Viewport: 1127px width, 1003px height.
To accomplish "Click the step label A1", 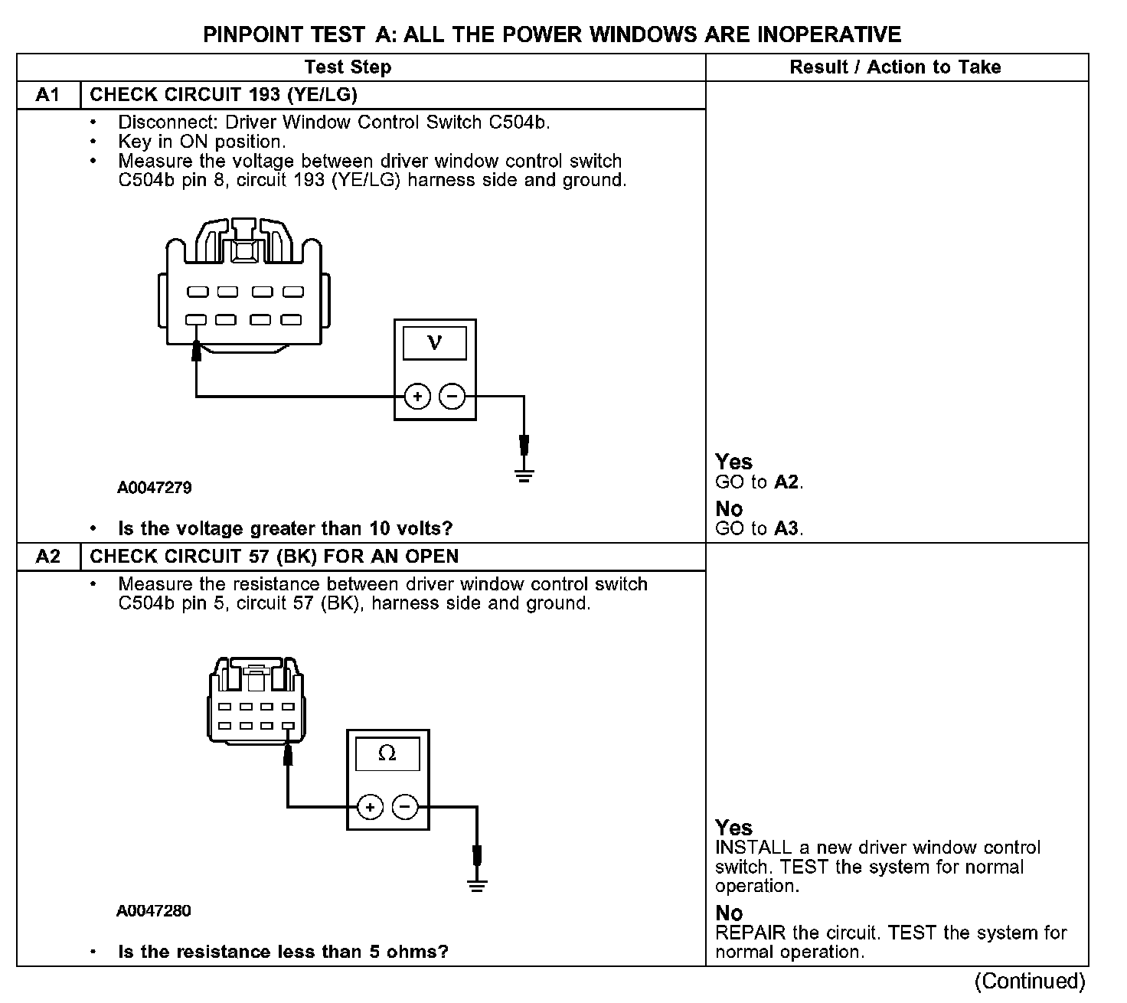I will click(47, 95).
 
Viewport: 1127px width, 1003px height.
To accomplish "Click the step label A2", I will click(47, 557).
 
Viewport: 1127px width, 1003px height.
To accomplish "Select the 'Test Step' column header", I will click(348, 67).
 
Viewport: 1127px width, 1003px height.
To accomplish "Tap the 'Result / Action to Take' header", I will click(895, 67).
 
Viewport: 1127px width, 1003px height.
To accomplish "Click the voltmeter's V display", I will click(435, 342).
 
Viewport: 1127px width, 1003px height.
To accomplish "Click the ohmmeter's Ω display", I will click(387, 753).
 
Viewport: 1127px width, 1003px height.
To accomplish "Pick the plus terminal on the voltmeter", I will click(417, 397).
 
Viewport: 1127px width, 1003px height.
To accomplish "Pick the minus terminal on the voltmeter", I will click(452, 397).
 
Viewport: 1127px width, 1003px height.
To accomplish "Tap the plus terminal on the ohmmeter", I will click(370, 807).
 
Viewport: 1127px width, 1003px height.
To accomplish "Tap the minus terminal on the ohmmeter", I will click(405, 807).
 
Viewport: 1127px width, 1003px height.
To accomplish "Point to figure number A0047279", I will click(155, 488).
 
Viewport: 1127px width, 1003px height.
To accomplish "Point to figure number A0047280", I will click(154, 911).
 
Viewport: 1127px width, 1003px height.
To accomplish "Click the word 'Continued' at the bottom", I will click(1030, 982).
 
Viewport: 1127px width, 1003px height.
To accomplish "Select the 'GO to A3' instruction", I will click(759, 528).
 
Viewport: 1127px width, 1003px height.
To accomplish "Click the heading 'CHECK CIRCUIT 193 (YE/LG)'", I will click(224, 95).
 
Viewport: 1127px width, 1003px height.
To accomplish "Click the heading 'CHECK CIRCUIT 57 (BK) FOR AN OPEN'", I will click(274, 557).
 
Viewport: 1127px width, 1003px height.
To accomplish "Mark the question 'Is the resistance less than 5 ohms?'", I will click(283, 952).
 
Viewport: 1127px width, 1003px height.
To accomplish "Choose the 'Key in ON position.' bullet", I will click(201, 142).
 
